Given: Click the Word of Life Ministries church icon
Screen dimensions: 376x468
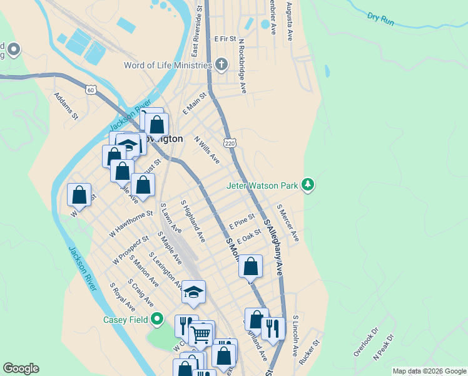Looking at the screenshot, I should coord(221,65).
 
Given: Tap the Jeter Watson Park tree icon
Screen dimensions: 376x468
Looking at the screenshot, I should coord(307,185).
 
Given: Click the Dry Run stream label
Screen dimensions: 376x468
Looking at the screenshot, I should coord(380,19).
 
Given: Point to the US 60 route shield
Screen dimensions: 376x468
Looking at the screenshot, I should coord(91,90).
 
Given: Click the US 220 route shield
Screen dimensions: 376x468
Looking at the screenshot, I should coord(230,143).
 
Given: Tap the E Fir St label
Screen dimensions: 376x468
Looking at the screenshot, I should coord(224,39).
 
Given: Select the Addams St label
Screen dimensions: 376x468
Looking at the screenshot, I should coord(66,106).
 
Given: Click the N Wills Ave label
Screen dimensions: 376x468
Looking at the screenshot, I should coord(207,150).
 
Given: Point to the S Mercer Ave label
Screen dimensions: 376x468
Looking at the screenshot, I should coord(288,223).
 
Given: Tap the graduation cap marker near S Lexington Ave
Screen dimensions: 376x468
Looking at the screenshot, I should coord(193,291).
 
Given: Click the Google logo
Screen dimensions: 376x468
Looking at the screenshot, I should coord(21,368).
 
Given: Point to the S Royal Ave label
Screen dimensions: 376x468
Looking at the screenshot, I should coord(122,297).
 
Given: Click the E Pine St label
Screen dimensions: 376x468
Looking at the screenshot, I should coord(242,221).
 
